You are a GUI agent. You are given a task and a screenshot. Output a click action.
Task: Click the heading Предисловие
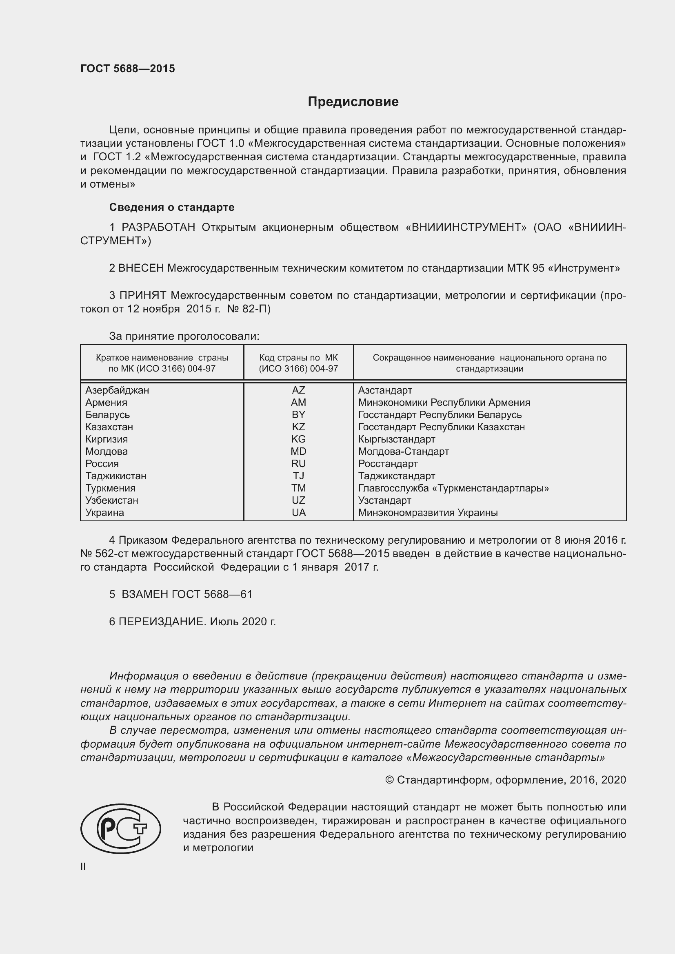pos(353,102)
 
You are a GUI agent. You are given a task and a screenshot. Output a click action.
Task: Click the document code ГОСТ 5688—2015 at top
pos(128,69)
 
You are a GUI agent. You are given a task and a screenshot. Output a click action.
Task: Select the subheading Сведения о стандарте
pos(172,207)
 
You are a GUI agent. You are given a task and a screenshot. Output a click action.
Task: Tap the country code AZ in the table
pos(298,390)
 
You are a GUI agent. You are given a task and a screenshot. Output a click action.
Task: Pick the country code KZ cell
pos(298,427)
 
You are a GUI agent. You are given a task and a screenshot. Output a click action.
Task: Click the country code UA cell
pos(298,512)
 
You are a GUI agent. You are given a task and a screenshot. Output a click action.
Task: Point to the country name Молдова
pos(107,451)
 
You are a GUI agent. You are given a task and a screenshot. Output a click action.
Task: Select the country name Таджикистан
pos(115,476)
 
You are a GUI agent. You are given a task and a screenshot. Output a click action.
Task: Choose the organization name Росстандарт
pos(387,464)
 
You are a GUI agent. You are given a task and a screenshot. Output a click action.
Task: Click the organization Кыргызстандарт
pos(396,439)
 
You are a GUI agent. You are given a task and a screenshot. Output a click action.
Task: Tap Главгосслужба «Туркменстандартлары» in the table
pos(453,488)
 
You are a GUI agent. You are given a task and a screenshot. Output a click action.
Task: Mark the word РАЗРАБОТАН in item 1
pos(158,227)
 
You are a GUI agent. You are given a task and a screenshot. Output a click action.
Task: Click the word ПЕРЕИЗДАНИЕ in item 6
pos(162,622)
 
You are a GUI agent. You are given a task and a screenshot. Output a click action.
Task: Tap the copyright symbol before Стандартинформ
pos(389,780)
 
